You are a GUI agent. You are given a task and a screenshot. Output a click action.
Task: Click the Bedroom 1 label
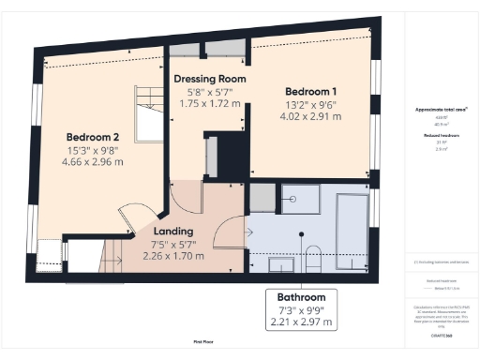pyautogui.click(x=310, y=90)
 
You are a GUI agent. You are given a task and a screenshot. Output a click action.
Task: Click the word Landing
pyautogui.click(x=172, y=231)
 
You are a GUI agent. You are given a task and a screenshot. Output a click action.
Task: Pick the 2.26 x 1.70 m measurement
pyautogui.click(x=172, y=256)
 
